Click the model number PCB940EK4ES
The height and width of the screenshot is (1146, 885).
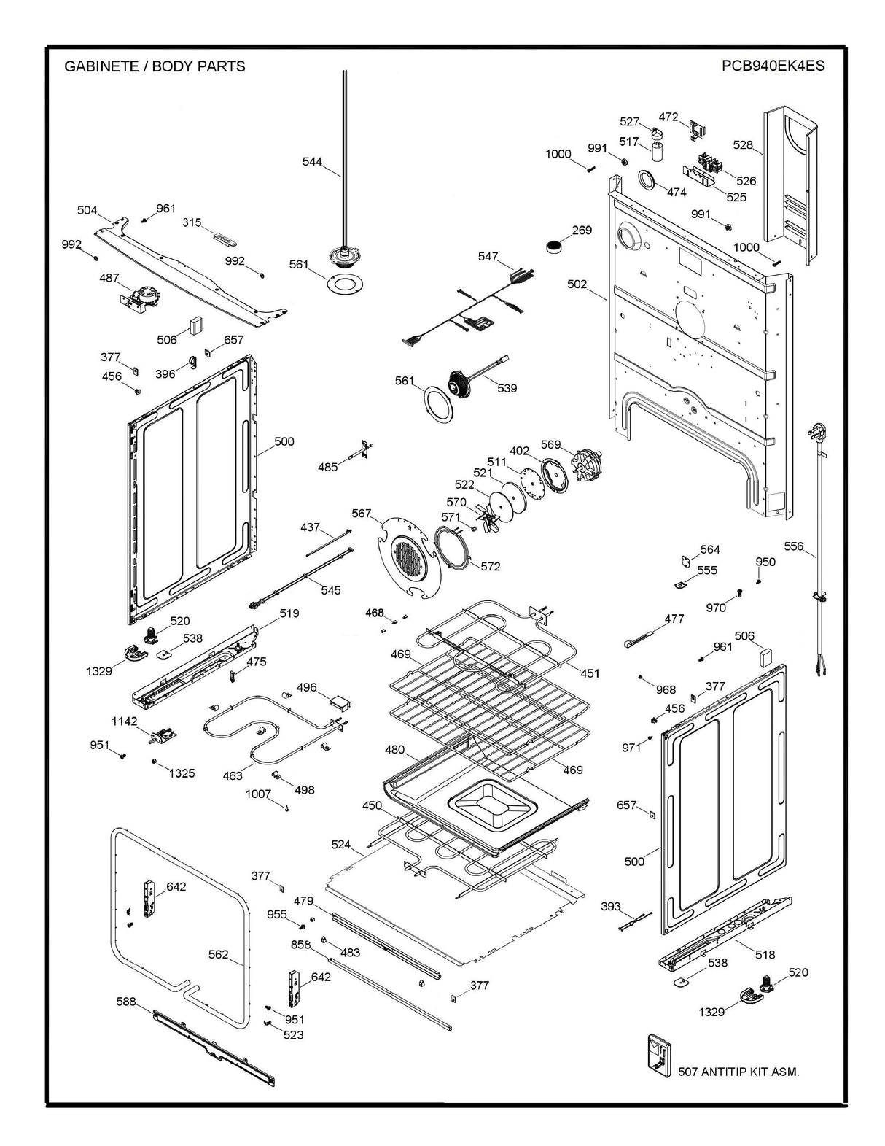point(773,66)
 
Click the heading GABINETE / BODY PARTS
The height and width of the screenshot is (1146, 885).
point(155,66)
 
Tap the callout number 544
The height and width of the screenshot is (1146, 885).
point(312,161)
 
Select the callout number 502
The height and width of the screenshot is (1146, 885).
point(577,284)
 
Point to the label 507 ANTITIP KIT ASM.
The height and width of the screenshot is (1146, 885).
point(738,1072)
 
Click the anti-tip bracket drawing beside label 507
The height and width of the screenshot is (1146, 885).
point(660,1052)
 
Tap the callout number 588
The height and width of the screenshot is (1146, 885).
point(126,1002)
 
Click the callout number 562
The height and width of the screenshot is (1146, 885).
point(218,954)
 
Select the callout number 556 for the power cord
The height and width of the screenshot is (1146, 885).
point(794,546)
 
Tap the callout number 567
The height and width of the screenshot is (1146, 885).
point(362,514)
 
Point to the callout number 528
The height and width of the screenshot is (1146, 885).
point(743,145)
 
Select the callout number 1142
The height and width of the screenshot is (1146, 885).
point(124,721)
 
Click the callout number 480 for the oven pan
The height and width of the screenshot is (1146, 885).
point(394,750)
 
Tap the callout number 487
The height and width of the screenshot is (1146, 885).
point(109,278)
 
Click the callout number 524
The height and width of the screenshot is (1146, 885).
point(340,845)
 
